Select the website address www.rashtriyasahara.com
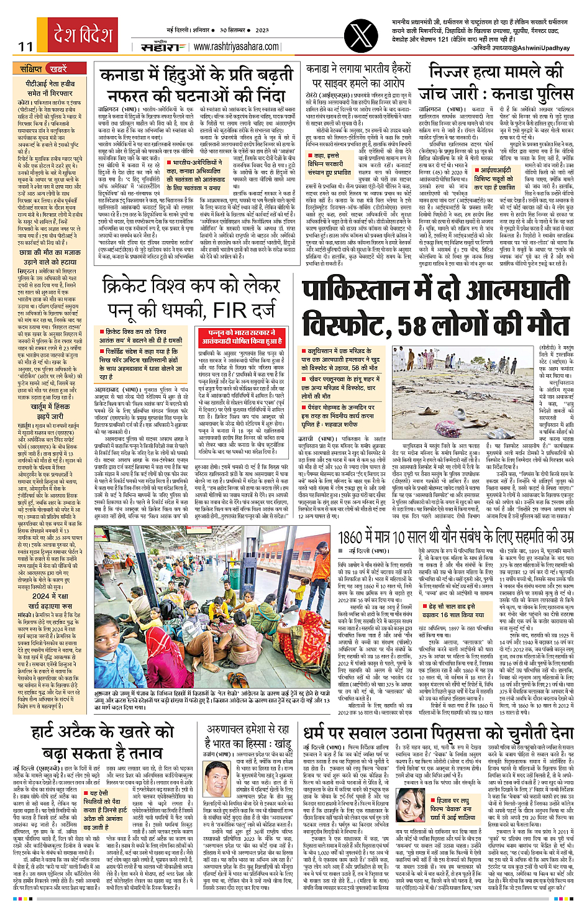coord(236,46)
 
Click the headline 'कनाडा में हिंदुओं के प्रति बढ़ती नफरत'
coord(196,86)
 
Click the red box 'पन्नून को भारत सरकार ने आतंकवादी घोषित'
coord(241,337)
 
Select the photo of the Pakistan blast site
coord(435,393)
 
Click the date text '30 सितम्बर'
coord(235,29)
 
